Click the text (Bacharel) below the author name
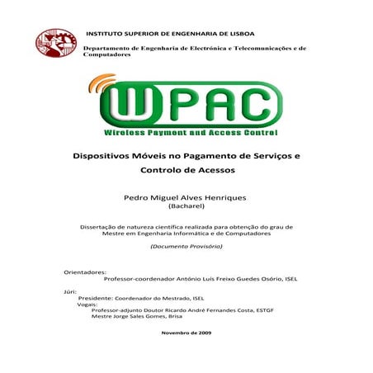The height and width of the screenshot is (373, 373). [186, 210]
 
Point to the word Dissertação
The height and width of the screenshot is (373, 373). [97, 225]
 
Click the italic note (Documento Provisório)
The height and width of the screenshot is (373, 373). [186, 247]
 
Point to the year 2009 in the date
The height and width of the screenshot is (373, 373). [204, 332]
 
